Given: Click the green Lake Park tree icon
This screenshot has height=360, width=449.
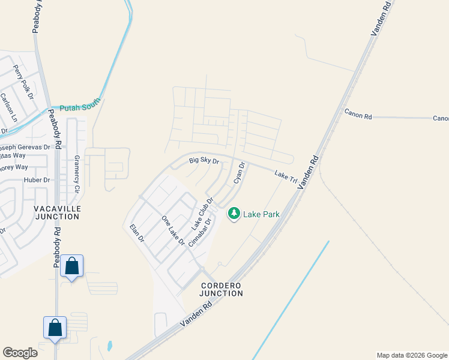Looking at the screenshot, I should (x=234, y=213).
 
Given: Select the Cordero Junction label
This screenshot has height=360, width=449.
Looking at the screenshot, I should (x=222, y=289).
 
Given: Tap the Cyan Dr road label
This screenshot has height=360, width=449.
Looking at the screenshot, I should (x=240, y=173).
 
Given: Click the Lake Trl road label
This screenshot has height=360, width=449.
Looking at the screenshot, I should (x=286, y=176).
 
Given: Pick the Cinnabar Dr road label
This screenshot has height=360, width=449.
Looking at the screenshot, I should (x=201, y=232).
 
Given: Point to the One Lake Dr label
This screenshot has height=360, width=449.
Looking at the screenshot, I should (x=173, y=230).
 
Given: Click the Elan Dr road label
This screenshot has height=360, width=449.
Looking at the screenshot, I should (x=137, y=234).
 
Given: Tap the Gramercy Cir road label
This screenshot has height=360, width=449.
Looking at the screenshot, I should (x=77, y=174).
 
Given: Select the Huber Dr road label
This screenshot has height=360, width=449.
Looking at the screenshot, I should (x=37, y=179).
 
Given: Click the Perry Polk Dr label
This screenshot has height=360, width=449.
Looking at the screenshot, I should (x=23, y=82).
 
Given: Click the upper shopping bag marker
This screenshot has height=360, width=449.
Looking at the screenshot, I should (x=71, y=266).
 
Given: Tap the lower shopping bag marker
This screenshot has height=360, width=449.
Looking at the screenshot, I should (x=55, y=328).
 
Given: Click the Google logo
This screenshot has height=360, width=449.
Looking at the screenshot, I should (x=20, y=353).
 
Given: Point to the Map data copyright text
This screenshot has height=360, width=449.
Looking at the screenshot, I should (x=412, y=355).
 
